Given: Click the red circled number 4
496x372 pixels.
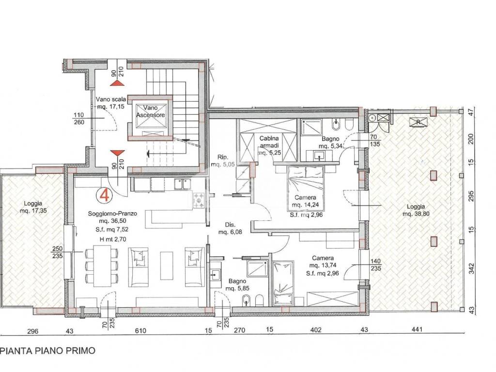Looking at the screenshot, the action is point(105,195).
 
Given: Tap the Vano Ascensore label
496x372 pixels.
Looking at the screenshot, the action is point(150,111).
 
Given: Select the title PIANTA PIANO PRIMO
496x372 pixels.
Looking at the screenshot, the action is point(48,351).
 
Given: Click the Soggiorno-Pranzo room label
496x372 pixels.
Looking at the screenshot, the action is point(112,214).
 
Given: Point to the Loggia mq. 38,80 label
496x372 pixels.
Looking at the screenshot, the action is point(416,210).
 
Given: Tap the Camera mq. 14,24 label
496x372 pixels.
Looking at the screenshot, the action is point(305,201).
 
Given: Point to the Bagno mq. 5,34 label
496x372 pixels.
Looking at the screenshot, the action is point(330,142).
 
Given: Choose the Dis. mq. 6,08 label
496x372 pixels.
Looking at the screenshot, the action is point(230,229).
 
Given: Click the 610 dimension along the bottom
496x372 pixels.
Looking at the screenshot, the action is point(140,330).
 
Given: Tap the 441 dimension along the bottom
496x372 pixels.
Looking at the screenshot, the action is point(417,329).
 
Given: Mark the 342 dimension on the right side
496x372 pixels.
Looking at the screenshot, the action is point(472,268).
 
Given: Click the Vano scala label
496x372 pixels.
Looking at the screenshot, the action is point(111,99).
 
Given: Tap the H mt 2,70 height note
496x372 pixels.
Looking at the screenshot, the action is point(112,239).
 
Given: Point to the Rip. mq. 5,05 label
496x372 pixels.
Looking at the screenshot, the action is point(223,161).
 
